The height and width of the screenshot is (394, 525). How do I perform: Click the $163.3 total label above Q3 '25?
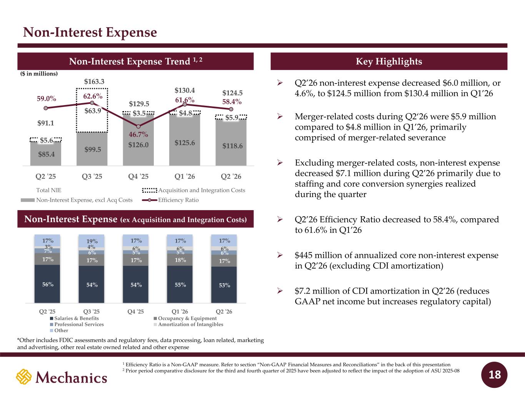click(x=94, y=82)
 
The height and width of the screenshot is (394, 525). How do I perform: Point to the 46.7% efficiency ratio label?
click(x=138, y=134)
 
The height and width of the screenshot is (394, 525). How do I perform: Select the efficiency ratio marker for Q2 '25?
click(x=46, y=108)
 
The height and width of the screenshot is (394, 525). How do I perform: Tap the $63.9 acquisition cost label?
click(x=93, y=111)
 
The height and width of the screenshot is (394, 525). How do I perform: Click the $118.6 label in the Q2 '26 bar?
click(x=232, y=146)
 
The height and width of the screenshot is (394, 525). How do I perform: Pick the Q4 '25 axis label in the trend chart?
click(x=138, y=177)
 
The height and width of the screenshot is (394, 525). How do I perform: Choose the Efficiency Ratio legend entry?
click(x=170, y=200)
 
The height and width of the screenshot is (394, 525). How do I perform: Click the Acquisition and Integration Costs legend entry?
click(x=194, y=190)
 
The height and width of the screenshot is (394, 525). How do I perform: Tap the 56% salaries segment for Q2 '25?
click(x=47, y=284)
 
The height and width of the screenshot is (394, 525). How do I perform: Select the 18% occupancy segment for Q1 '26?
click(x=180, y=260)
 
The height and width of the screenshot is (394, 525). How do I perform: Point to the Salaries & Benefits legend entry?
click(x=74, y=319)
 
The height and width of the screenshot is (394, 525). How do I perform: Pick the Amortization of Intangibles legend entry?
click(x=188, y=324)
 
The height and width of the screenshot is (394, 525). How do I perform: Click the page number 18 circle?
click(x=494, y=375)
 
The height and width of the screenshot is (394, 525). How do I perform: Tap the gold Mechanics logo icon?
click(x=24, y=377)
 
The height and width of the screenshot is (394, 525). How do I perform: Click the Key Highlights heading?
click(x=389, y=61)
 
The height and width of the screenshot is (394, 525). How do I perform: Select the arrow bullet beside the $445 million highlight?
click(x=280, y=255)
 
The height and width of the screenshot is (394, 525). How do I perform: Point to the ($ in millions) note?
click(x=39, y=73)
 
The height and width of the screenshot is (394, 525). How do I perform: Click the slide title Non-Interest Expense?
click(x=90, y=32)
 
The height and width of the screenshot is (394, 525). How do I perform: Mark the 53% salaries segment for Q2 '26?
click(x=224, y=285)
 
